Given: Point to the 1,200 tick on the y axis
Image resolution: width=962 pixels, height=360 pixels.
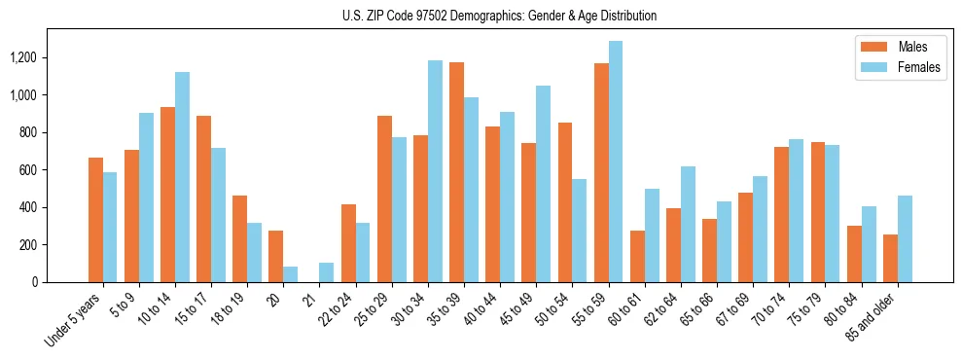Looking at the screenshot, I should pyautogui.click(x=22, y=57).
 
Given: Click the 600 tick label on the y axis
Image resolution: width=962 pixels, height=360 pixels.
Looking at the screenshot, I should pyautogui.click(x=27, y=170).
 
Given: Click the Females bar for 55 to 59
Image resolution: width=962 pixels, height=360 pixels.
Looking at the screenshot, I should pyautogui.click(x=615, y=162).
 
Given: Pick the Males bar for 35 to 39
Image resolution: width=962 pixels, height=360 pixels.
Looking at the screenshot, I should pyautogui.click(x=456, y=172).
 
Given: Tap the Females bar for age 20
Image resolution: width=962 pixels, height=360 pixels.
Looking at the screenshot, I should pyautogui.click(x=290, y=274).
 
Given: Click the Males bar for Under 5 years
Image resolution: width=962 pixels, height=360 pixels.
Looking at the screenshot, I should pyautogui.click(x=95, y=220).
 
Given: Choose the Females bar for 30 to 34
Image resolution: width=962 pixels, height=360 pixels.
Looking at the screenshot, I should pyautogui.click(x=435, y=171).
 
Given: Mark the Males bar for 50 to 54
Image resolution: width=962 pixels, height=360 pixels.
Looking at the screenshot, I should pyautogui.click(x=565, y=202).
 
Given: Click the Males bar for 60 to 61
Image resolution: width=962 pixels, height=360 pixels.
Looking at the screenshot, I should pyautogui.click(x=637, y=257).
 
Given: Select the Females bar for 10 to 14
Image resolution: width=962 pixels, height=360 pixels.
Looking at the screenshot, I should pyautogui.click(x=182, y=177).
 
